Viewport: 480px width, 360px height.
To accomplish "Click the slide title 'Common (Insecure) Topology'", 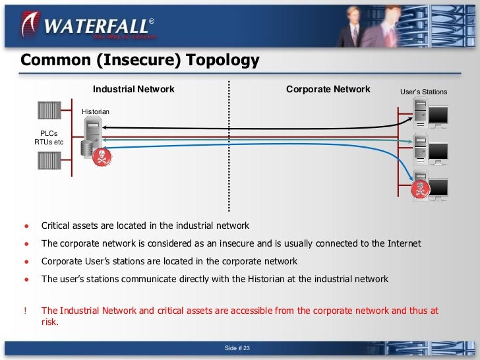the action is [x=140, y=61].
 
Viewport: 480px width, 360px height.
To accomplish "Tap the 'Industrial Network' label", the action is [x=134, y=89].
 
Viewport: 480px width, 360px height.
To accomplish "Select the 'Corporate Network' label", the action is [x=328, y=89].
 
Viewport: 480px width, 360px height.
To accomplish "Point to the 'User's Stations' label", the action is [x=423, y=92].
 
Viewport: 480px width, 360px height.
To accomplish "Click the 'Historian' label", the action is [x=96, y=112].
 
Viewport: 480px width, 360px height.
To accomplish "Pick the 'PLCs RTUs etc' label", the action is [x=49, y=137].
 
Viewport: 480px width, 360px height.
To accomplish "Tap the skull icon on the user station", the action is [x=418, y=189].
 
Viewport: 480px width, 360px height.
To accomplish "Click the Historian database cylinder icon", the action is [x=85, y=149].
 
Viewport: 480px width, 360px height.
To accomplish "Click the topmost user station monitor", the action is [x=438, y=117].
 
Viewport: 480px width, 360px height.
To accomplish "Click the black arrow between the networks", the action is [x=251, y=127].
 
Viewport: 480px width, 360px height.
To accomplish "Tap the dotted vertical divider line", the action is [x=229, y=145].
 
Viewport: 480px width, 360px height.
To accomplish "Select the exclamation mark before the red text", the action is [x=26, y=310].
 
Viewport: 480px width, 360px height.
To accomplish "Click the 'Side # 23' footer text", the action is [x=239, y=348].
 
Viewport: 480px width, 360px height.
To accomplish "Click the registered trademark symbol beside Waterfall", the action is [x=151, y=22].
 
